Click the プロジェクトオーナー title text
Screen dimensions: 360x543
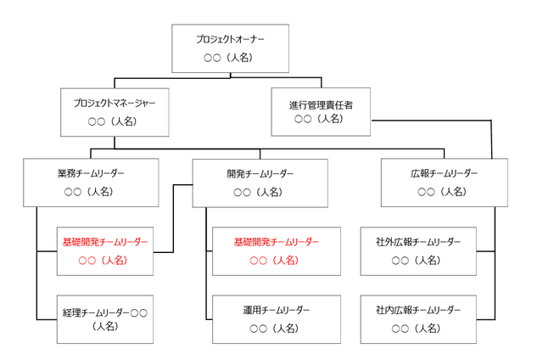point(230,39)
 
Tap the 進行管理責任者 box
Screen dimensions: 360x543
point(321,112)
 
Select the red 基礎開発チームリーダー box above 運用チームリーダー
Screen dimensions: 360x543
point(276,251)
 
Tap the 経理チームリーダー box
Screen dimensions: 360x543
point(104,318)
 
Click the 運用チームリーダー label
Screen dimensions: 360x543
point(276,310)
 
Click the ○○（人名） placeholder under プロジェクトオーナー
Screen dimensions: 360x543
point(230,58)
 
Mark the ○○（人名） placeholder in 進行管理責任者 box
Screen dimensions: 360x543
point(319,120)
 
